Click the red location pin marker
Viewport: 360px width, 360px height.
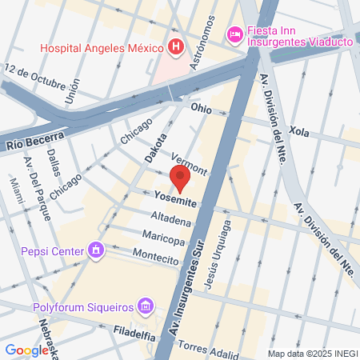(180, 179)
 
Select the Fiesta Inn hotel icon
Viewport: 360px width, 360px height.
(235, 34)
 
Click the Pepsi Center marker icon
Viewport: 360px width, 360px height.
(95, 251)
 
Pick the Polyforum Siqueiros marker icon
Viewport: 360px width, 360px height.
(145, 306)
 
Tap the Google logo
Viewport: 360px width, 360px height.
(26, 350)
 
